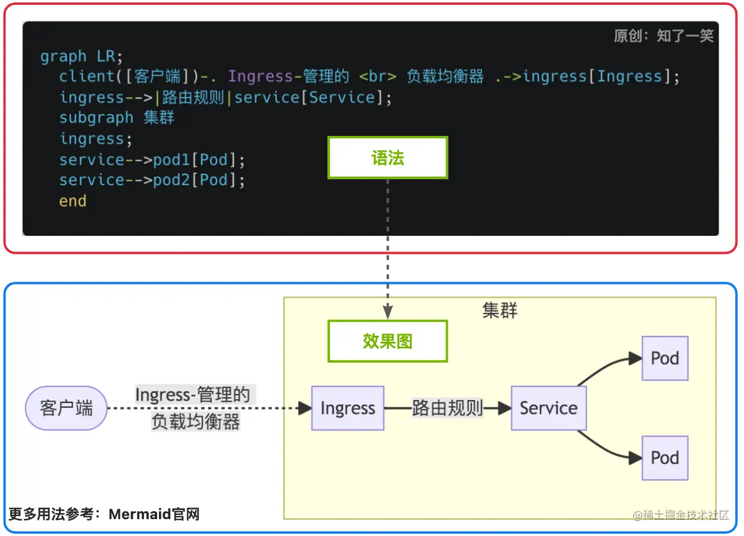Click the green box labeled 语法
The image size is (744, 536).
click(x=388, y=158)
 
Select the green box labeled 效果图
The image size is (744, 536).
click(x=388, y=341)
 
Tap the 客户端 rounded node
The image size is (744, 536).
click(x=66, y=408)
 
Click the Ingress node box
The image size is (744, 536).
click(x=347, y=408)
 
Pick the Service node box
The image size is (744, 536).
click(x=548, y=408)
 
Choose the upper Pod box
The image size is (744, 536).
click(x=665, y=359)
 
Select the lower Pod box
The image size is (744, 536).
click(x=665, y=458)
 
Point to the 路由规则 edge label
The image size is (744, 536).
click(x=448, y=408)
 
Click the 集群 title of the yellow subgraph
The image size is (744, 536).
click(x=500, y=310)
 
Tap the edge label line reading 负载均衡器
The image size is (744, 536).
click(x=196, y=422)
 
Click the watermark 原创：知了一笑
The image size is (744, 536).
click(x=663, y=36)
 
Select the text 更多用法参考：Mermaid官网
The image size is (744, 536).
click(x=104, y=514)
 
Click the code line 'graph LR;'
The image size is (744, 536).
click(x=81, y=57)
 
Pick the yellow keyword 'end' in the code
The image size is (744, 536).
click(x=73, y=201)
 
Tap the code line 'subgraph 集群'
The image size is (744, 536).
click(x=117, y=118)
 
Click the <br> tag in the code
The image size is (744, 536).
click(x=377, y=77)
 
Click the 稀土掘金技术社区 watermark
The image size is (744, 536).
click(x=680, y=515)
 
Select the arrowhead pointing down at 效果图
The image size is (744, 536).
click(x=388, y=312)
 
